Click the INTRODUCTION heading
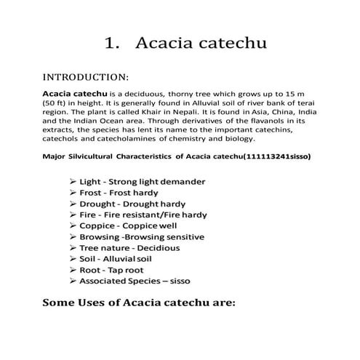87,76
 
